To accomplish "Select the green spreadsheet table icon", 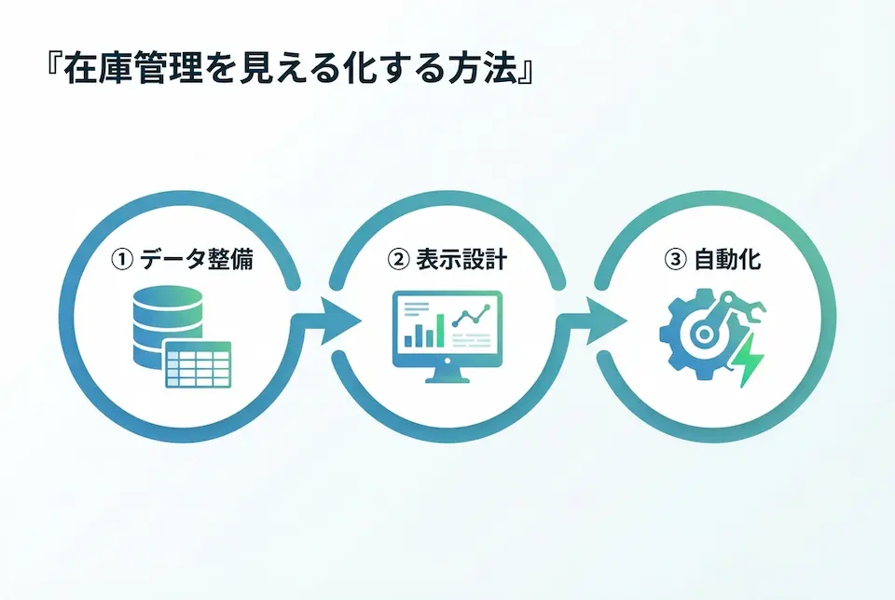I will pos(198,364).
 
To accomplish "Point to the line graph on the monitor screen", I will pos(472,317).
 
